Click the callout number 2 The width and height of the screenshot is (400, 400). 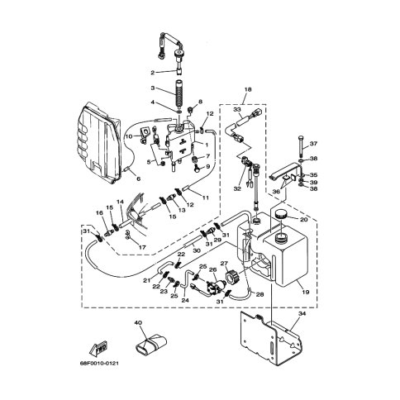[x=152, y=73]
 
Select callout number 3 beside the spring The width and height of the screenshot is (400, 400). [x=152, y=88]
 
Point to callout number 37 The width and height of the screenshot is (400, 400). [x=313, y=144]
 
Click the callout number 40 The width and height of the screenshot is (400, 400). [x=138, y=322]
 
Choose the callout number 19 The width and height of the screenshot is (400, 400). [x=306, y=293]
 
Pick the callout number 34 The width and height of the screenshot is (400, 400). [x=302, y=313]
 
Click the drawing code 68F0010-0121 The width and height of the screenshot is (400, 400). [x=99, y=364]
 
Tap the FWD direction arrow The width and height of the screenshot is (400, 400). [x=98, y=348]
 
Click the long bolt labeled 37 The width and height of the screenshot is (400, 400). [x=300, y=145]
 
